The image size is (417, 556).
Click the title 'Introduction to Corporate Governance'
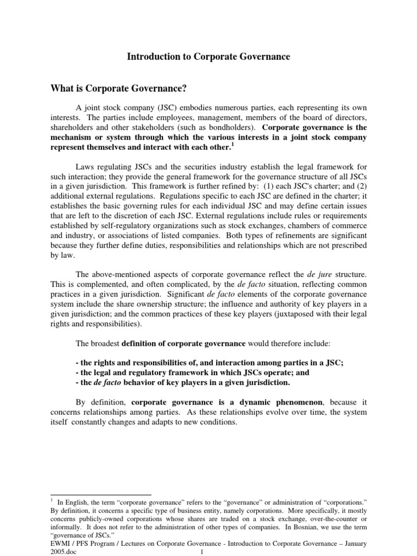tap(208, 56)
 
